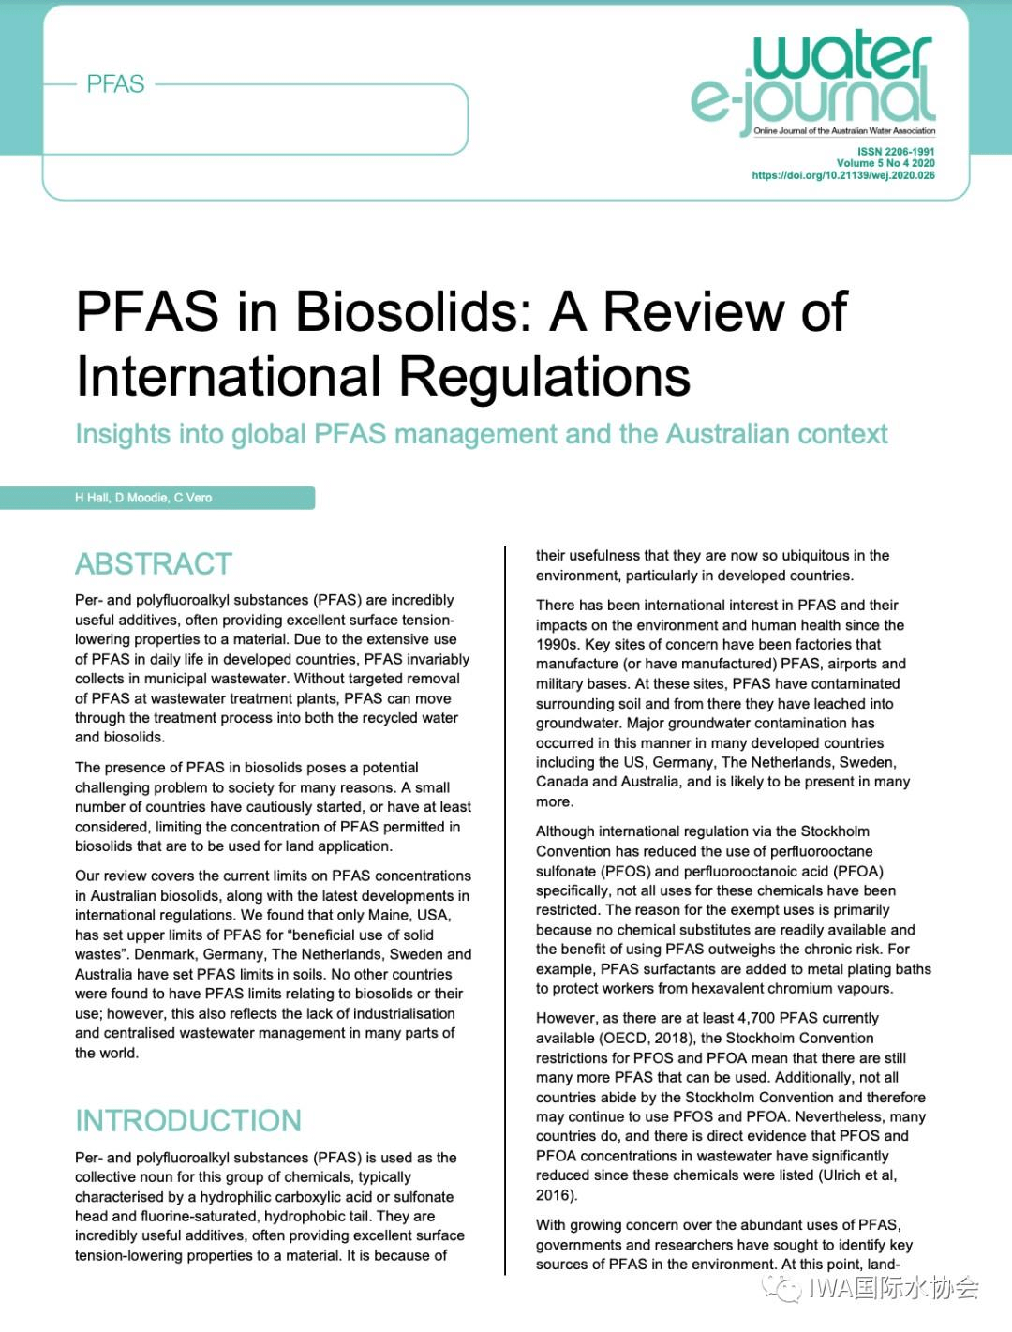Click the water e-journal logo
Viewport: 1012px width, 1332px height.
pos(813,84)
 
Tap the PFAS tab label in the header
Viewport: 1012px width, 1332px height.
pos(115,84)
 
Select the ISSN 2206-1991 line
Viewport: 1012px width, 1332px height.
pos(896,151)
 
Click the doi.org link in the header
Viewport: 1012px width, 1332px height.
pos(842,175)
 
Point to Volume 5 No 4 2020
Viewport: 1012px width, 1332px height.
pos(885,163)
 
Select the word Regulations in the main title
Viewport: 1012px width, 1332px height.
pos(544,377)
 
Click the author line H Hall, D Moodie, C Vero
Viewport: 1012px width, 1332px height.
pos(143,498)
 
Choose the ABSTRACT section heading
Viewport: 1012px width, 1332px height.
pos(154,563)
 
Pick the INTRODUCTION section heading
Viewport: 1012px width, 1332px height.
pos(188,1120)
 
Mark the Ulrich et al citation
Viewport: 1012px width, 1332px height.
pos(856,1175)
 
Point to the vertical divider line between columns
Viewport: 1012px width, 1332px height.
pos(505,909)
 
